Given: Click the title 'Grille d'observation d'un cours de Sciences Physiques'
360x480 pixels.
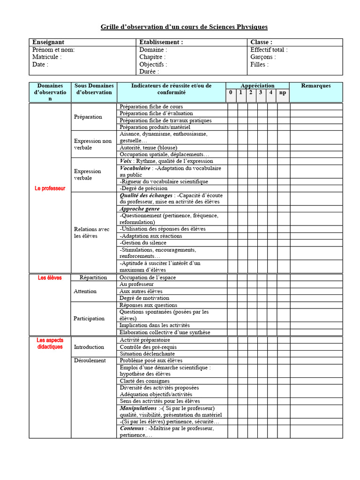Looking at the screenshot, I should pos(184,27).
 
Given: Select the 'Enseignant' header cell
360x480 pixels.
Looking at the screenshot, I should pos(48,42).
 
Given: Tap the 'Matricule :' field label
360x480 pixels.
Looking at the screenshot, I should pos(47,57).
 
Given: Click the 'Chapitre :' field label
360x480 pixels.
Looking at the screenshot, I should pos(152,57).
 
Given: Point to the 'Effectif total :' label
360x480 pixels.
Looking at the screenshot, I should pos(269,50).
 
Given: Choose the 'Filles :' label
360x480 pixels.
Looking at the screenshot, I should pos(260,64).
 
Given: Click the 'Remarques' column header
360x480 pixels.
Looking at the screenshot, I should pos(315,86).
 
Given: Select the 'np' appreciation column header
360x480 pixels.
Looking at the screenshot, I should pos(283,93).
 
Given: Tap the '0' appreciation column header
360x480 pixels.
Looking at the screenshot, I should pos(231,93).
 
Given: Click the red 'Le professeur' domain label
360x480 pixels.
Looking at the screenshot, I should pos(50,188).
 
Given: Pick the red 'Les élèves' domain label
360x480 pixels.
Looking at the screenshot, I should pos(50,277).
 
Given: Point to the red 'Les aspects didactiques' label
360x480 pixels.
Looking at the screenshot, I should pos(50,343).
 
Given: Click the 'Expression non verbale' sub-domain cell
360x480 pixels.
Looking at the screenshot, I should pos(93,144).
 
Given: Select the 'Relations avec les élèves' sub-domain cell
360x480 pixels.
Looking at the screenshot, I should pos(92,232).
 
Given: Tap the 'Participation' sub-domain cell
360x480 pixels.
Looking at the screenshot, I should pos(89,318).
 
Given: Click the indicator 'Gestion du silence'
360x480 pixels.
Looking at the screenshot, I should pos(143,243).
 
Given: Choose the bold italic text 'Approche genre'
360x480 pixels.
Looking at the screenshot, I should pos(140,209).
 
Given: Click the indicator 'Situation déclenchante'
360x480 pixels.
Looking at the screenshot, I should pos(147,354).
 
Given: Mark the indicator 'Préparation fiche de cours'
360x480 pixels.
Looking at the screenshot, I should pos(151,107).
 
